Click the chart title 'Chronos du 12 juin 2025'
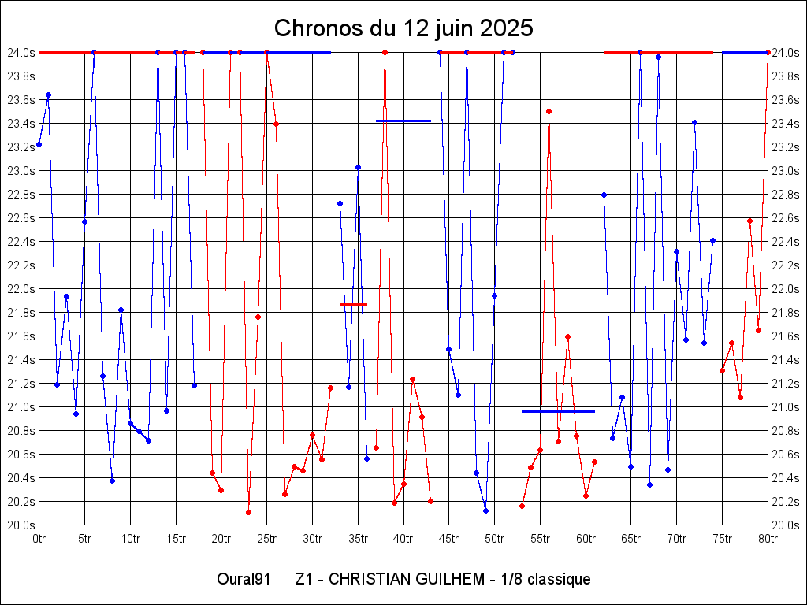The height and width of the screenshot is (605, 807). (403, 28)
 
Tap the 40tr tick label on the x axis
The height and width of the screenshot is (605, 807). (403, 539)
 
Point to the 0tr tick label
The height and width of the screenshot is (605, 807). (39, 539)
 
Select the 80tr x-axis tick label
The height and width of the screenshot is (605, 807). (768, 539)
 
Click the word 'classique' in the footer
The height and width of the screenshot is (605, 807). (559, 580)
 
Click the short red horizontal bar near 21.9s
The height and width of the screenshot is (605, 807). (353, 304)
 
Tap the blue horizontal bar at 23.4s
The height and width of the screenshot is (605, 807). (403, 121)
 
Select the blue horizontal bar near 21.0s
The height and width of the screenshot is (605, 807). (558, 411)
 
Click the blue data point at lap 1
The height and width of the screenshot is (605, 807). (48, 95)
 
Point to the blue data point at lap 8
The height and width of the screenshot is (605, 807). (112, 481)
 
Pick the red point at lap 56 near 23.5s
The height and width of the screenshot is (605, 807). (549, 111)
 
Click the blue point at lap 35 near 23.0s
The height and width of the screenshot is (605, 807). (358, 167)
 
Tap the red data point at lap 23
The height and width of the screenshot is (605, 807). (248, 512)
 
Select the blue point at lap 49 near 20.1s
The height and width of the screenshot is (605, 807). (485, 510)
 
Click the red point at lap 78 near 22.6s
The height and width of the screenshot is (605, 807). (749, 221)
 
